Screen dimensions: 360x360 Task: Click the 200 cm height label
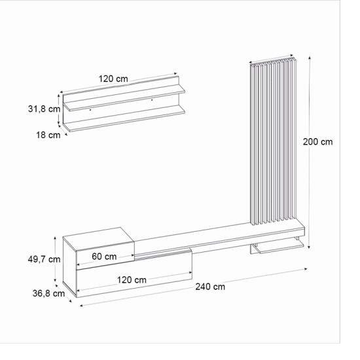pos(317,141)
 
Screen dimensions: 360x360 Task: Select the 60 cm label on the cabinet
pos(105,256)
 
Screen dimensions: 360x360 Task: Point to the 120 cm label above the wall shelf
pos(113,79)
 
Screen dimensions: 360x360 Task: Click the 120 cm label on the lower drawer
pos(132,279)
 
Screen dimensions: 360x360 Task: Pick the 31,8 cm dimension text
pos(44,109)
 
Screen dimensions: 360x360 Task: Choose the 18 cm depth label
pos(48,135)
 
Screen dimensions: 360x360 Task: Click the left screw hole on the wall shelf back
pos(90,110)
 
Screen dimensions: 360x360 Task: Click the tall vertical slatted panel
pos(274,141)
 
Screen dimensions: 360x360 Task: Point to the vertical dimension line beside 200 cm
pos(308,151)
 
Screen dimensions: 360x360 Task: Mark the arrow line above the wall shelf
pos(118,86)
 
